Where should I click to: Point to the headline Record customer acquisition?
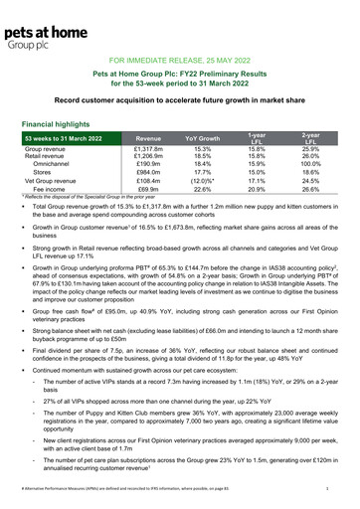[x=179, y=101]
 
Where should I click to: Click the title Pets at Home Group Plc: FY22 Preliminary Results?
[x=179, y=75]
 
